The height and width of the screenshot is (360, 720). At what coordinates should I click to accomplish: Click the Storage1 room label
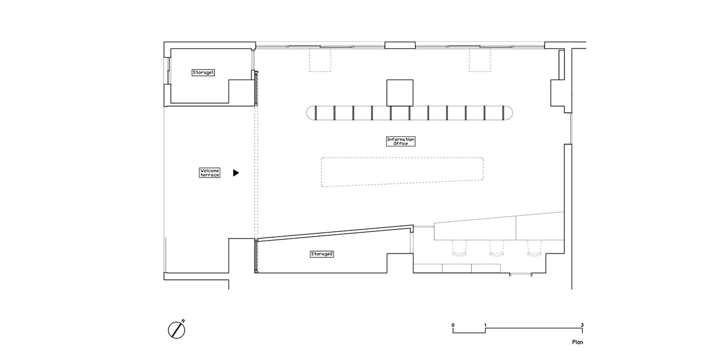click(203, 72)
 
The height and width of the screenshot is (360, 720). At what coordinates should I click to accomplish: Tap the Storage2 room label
click(322, 254)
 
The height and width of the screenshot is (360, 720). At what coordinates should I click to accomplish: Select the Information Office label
click(401, 141)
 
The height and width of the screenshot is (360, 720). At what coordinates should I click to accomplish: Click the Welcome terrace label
click(210, 172)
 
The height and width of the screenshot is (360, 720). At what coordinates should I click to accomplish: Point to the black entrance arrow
click(236, 173)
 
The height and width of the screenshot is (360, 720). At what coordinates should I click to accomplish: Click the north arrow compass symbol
click(177, 329)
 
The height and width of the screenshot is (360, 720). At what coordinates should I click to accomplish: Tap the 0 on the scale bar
click(453, 325)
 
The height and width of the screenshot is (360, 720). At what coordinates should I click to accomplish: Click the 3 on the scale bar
click(582, 325)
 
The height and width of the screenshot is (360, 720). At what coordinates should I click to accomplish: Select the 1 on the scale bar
click(485, 325)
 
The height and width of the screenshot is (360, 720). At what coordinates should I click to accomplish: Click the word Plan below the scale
click(577, 342)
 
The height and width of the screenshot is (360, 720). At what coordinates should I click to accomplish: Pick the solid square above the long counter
click(400, 93)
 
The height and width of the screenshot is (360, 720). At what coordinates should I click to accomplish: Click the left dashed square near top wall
click(320, 60)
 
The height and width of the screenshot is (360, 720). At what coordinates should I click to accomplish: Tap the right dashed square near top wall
click(480, 60)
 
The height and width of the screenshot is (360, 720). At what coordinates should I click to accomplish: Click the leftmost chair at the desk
click(459, 248)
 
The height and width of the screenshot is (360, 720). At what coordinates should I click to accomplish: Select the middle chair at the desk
click(496, 248)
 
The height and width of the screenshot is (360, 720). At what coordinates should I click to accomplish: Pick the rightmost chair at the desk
click(535, 248)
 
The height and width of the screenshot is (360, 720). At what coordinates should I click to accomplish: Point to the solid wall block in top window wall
click(400, 45)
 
